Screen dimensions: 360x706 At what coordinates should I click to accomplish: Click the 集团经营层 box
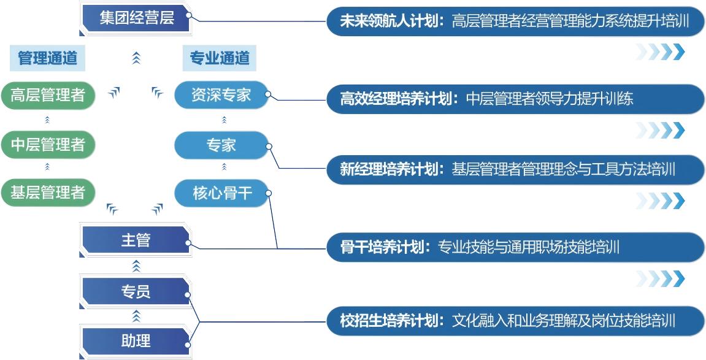click(x=136, y=18)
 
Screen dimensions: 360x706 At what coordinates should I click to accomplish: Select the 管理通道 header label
click(x=47, y=58)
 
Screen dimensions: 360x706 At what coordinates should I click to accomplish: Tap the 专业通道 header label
click(x=220, y=58)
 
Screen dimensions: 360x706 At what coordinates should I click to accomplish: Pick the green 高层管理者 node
click(x=47, y=95)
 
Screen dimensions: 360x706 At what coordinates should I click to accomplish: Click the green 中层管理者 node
click(x=47, y=145)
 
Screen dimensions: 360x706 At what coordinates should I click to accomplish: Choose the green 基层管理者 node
click(x=47, y=193)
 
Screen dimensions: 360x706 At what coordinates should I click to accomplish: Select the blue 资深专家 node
click(x=221, y=95)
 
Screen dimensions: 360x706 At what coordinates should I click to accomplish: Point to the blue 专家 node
click(x=221, y=145)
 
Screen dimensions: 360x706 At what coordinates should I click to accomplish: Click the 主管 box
click(x=136, y=240)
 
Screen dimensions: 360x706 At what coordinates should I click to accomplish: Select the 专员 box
click(x=136, y=291)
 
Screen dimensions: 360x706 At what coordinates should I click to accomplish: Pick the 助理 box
click(x=136, y=340)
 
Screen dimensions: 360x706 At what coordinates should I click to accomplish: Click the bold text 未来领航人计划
click(x=390, y=21)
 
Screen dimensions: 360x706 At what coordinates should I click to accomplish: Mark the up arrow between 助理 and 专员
click(x=136, y=316)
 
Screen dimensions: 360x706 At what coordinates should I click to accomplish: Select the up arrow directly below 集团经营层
click(x=136, y=58)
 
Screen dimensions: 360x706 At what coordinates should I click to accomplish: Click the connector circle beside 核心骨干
click(x=269, y=193)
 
